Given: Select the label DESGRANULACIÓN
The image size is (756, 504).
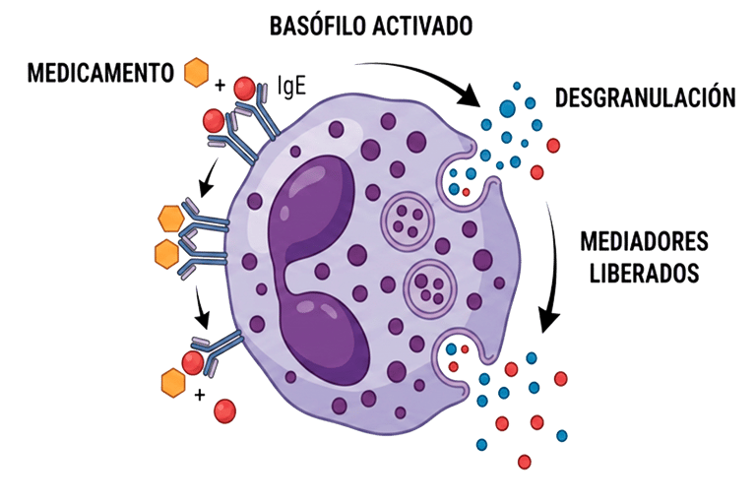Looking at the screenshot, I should (x=645, y=97).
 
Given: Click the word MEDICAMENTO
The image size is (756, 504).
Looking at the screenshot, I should (x=101, y=73).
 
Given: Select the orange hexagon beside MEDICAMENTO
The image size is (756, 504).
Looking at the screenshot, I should (x=197, y=72).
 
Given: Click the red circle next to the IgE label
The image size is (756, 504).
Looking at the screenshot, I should (x=245, y=91).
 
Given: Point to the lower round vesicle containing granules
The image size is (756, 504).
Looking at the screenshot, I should (x=429, y=285).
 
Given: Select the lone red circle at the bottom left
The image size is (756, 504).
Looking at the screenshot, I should (x=224, y=409).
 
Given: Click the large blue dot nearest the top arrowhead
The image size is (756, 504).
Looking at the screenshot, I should (x=508, y=108).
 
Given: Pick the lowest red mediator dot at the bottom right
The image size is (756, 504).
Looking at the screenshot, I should (x=524, y=461).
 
